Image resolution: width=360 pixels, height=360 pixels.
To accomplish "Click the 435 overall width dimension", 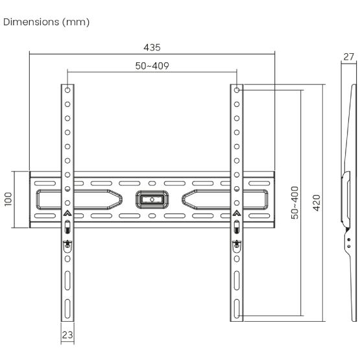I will pos(152,47).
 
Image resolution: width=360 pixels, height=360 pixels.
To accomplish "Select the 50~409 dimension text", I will pos(152,66).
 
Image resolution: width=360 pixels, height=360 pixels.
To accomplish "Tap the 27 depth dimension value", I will pos(348,56).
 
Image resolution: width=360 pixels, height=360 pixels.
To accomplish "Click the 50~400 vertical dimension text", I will pos(294,202).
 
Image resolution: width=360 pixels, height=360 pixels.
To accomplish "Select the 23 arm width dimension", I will pos(67,335).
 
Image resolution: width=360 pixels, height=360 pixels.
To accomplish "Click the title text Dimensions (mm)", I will pos(47,22).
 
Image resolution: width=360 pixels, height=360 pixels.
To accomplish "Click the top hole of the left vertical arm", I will pos(67,90).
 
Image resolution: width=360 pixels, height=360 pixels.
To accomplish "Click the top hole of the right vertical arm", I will pos(237,90).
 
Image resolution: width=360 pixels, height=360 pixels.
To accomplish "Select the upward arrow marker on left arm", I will pos(67,212).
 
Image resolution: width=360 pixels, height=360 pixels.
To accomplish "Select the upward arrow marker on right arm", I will pos(237,212).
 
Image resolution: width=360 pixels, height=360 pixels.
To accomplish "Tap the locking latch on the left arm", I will pos(67,245).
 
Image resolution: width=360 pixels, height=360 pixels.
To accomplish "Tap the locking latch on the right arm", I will pos(237,245).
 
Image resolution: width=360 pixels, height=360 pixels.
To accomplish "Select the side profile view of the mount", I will pos(347,195).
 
